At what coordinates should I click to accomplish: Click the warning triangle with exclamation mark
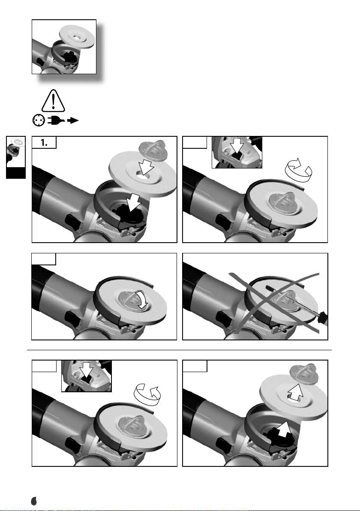coord(53,101)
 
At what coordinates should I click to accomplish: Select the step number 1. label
coord(44,142)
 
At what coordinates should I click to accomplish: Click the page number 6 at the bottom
coord(34,501)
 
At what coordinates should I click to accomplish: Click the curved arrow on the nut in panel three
coord(142,300)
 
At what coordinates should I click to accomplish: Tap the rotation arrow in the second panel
coord(298,169)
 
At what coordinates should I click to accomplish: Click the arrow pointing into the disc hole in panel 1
coord(145,169)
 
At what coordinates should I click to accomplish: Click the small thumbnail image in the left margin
coord(15,157)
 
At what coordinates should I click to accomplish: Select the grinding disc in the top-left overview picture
coord(77,37)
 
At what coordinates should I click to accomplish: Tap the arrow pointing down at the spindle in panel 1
coord(134,203)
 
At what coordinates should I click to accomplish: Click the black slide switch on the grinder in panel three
coord(72,319)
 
